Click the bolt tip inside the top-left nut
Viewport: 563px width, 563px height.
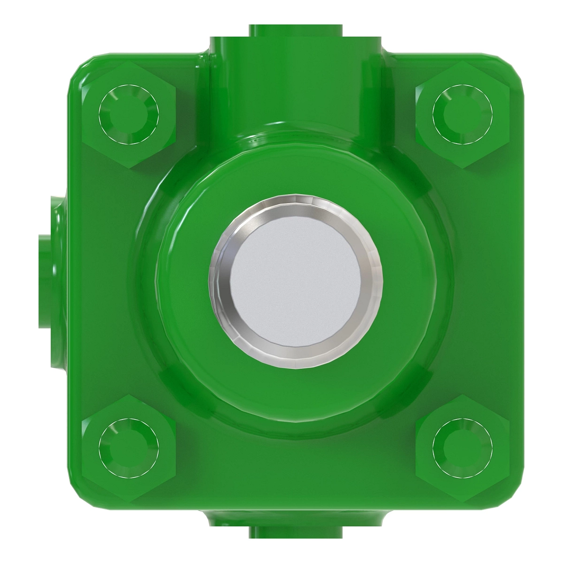(128, 114)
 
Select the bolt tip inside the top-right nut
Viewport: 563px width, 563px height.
(462, 114)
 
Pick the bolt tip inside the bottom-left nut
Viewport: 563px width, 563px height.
(128, 448)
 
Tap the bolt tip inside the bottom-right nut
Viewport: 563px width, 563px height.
(462, 448)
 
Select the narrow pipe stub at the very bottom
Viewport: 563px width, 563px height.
(295, 533)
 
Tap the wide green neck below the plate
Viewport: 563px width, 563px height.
(295, 516)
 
